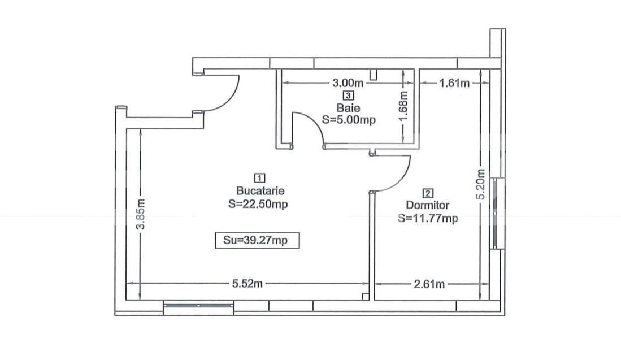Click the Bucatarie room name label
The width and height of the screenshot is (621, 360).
260,190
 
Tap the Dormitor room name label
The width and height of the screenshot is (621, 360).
428,205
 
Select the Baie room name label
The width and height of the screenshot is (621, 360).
349,108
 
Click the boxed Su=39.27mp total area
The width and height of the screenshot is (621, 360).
257,240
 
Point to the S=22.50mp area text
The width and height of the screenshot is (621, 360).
258,204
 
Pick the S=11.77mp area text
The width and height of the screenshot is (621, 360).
428,218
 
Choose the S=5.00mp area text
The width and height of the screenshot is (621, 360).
349,120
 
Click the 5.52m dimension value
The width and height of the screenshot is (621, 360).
247,284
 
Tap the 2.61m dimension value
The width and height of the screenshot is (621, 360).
429,284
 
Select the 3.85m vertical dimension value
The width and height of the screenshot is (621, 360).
141,214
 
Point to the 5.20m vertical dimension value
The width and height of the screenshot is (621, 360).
481,185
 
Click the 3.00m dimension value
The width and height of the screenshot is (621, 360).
348,83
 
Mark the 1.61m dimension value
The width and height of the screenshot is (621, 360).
454,83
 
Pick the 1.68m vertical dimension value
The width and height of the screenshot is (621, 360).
403,107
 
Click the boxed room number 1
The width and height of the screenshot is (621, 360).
260,178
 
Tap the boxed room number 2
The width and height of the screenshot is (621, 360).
428,193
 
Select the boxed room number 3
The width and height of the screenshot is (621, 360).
349,96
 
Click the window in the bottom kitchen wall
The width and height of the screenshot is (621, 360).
198,306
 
